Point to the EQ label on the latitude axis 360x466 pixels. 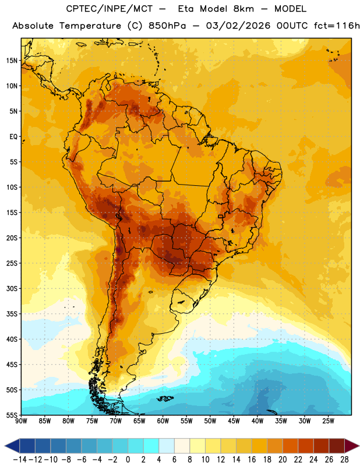click(13, 137)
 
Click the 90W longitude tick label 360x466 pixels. click(21, 421)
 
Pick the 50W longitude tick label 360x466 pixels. click(210, 421)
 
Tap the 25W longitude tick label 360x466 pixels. click(328, 421)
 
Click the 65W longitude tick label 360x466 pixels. click(139, 421)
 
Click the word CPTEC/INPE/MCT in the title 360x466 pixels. click(110, 9)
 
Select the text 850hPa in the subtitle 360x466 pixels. click(167, 26)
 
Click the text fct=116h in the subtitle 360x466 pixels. click(337, 26)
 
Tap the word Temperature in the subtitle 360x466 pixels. click(90, 26)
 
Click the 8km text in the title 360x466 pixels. click(243, 9)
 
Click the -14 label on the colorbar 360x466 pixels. click(20, 460)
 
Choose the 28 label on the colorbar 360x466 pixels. click(344, 460)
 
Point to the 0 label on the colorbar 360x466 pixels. click(128, 460)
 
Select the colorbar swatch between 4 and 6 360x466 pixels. click(167, 446)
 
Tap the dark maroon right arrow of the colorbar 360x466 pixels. click(351, 446)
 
